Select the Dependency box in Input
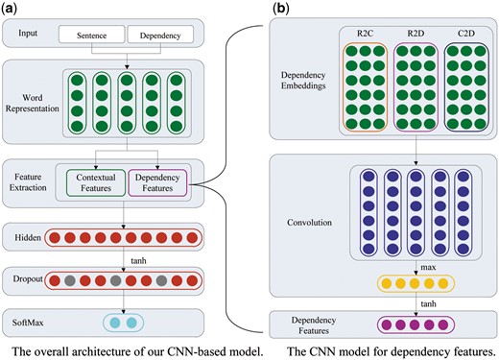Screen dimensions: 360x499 (160, 36)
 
